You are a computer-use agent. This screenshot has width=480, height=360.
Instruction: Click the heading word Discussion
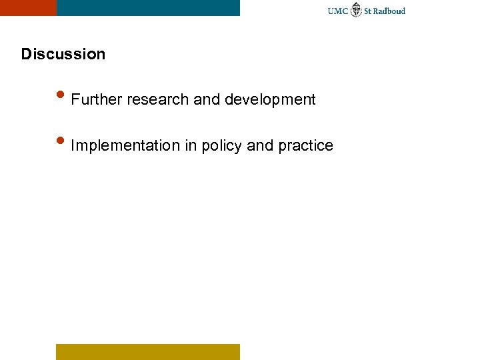(63, 54)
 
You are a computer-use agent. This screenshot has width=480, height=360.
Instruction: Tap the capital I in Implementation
(73, 145)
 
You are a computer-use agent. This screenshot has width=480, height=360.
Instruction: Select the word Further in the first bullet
(96, 100)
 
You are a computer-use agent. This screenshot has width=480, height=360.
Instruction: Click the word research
(157, 100)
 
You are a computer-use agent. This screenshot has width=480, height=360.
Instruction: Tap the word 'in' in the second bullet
(190, 145)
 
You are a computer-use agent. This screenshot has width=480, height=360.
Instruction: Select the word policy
(221, 145)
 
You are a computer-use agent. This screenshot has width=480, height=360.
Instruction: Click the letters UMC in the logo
(338, 11)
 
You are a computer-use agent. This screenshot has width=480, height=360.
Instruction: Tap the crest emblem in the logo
(357, 9)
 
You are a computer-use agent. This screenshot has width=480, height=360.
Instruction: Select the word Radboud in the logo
(389, 11)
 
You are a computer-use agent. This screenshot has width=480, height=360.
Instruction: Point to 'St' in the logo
(368, 11)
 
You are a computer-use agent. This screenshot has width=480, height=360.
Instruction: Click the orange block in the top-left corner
(28, 7)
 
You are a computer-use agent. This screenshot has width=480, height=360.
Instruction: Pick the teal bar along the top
(148, 7)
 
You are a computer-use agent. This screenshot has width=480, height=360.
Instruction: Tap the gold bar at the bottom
(147, 351)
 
